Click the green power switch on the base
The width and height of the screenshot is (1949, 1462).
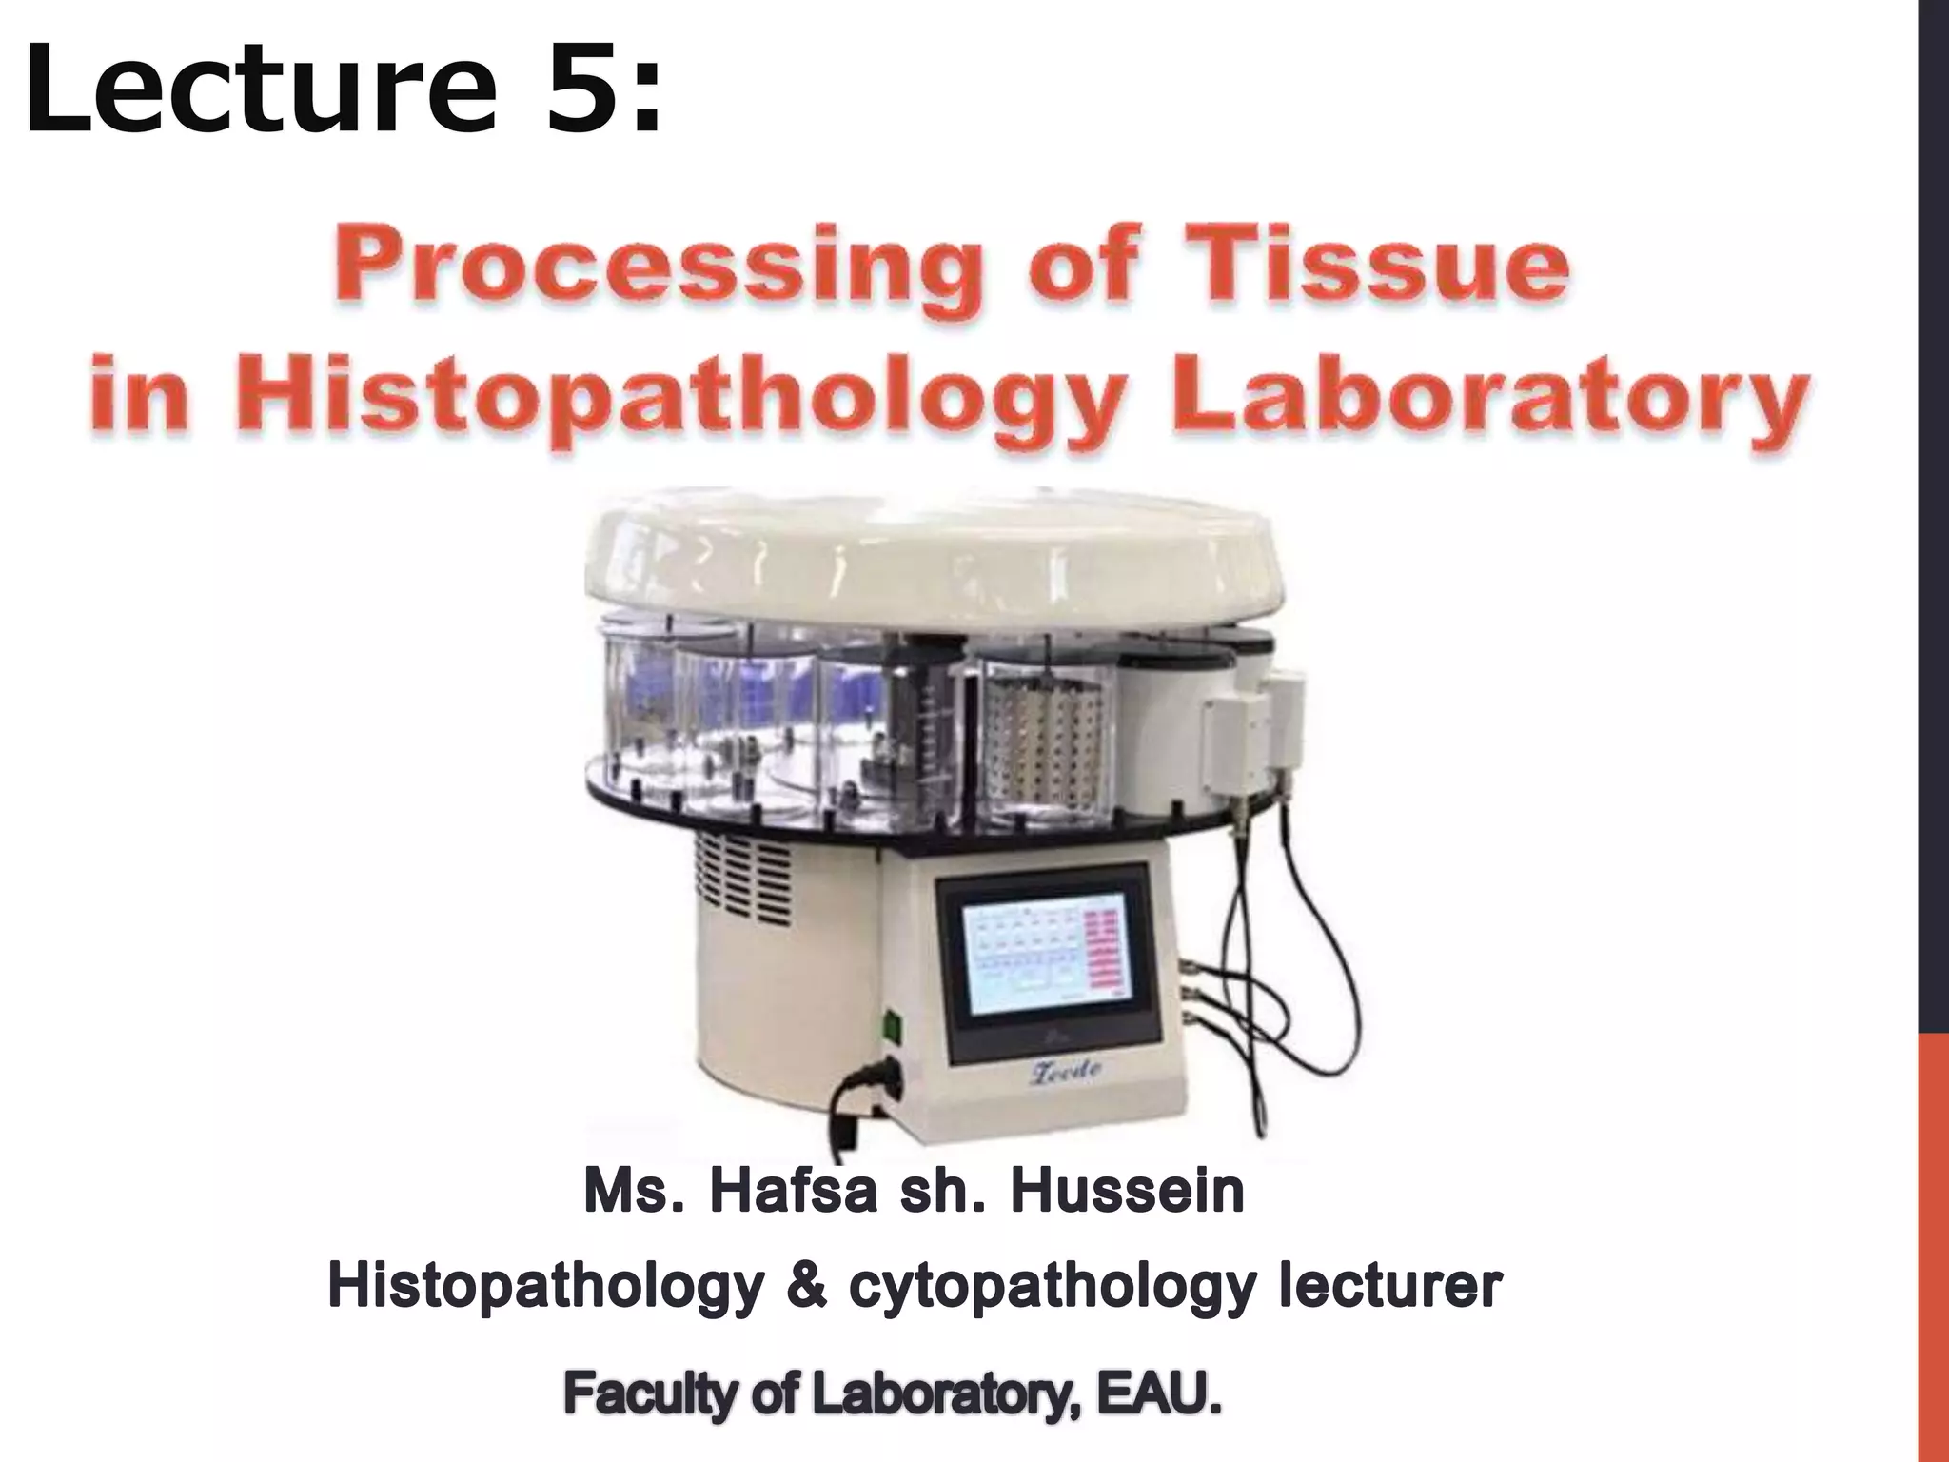click(891, 1026)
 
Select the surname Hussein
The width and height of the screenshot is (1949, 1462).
click(1127, 1192)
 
